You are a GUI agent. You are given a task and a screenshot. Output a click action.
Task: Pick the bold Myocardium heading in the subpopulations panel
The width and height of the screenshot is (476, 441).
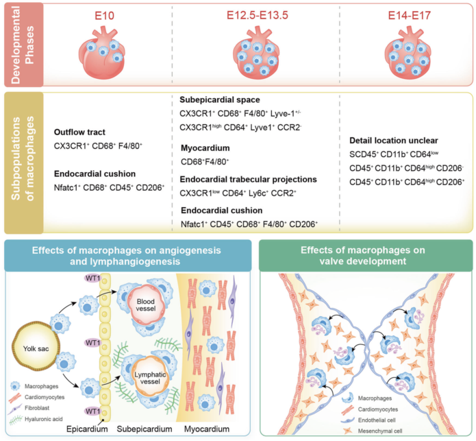pos(204,148)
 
